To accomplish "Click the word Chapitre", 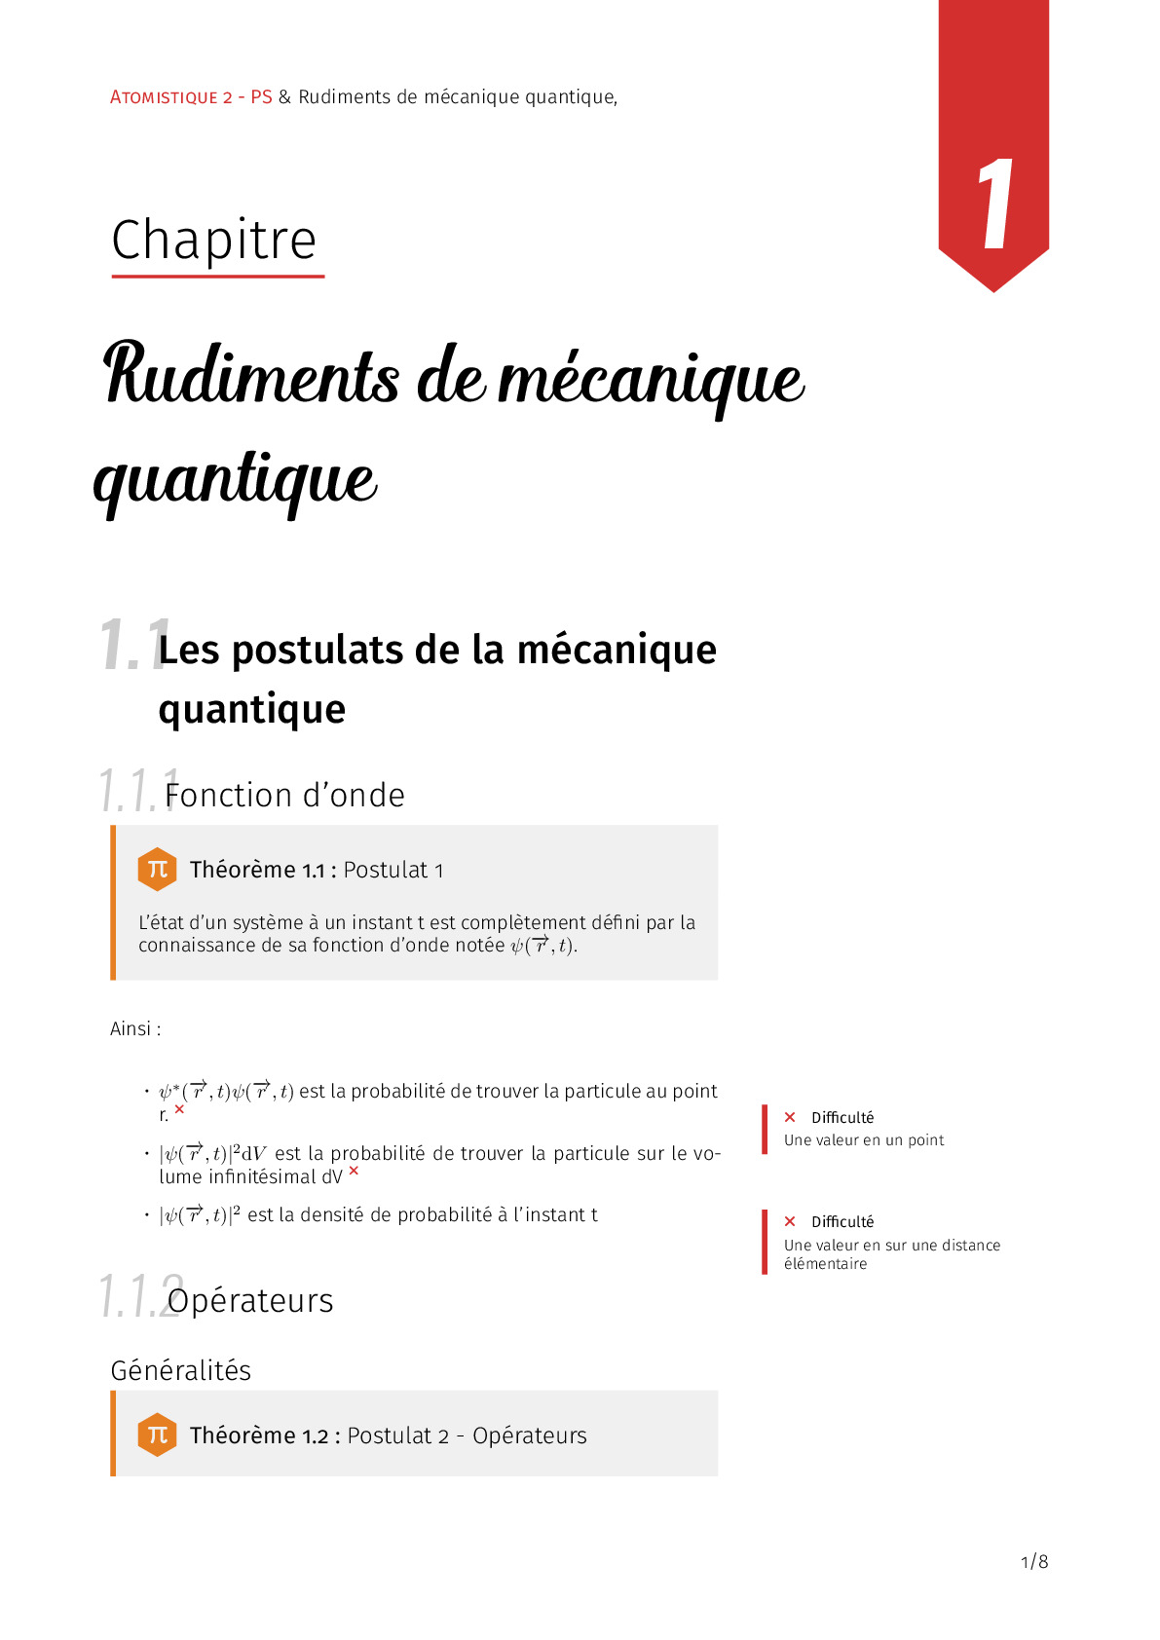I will click(x=214, y=240).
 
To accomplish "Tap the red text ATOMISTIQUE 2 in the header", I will click(x=171, y=97).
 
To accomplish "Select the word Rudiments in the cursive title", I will click(x=251, y=376).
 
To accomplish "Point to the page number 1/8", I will click(x=1033, y=1562).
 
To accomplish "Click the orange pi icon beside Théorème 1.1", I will click(x=157, y=869).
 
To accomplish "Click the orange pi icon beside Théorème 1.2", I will click(x=157, y=1435).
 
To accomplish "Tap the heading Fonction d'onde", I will click(x=284, y=796).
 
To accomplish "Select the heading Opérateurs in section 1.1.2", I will click(x=250, y=1301).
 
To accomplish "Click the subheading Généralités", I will click(x=181, y=1370).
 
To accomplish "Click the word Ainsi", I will click(x=131, y=1028).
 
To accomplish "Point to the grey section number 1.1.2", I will click(x=139, y=1296).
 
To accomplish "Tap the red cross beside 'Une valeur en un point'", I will click(x=790, y=1117).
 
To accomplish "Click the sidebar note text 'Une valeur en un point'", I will click(x=864, y=1140).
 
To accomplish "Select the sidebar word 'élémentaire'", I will click(x=825, y=1264).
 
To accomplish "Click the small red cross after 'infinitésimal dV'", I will click(x=354, y=1171).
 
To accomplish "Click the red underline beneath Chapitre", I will click(x=218, y=277).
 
